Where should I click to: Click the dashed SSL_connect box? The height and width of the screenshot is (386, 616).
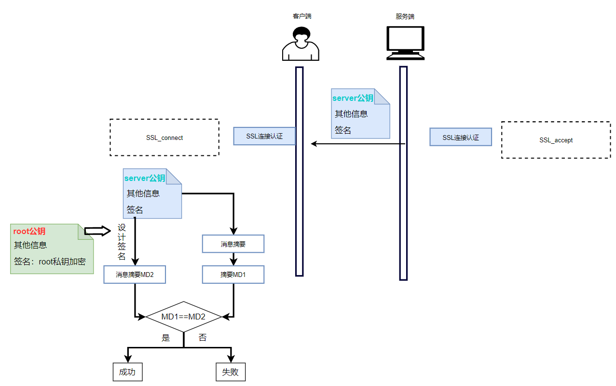pos(164,138)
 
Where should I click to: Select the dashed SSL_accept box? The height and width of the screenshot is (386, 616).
pos(556,140)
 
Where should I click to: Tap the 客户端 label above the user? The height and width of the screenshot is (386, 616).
pos(302,16)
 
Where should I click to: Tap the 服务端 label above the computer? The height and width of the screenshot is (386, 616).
pos(405,16)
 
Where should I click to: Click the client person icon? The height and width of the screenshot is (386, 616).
pos(301,44)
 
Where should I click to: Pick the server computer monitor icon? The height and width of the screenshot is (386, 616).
pos(406,43)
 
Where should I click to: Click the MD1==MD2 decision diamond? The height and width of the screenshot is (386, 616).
pos(183,317)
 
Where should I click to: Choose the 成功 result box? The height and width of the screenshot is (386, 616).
pos(127,372)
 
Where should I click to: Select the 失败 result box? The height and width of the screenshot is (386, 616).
pos(231,372)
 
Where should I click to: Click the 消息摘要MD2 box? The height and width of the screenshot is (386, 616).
pos(135,275)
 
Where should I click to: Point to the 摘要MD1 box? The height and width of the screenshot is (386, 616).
pos(233,275)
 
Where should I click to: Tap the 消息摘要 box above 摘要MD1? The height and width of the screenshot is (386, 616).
pos(233,244)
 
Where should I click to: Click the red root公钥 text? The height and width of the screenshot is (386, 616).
pos(29,232)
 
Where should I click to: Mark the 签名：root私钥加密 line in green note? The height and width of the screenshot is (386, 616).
pos(50,262)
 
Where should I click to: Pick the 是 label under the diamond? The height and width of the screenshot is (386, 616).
pos(166,338)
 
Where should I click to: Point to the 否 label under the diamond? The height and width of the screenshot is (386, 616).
pos(203,338)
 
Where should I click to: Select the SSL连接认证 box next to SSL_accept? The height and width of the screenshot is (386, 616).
pos(461,138)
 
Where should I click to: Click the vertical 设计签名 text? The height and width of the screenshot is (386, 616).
pos(122,242)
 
